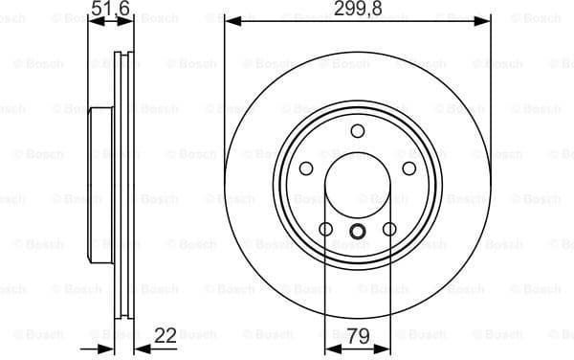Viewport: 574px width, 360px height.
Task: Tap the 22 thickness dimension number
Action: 166,336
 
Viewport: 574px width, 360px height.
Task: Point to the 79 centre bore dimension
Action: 358,336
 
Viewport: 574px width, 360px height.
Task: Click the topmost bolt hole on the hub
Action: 358,131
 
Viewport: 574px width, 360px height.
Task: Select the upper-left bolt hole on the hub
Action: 307,169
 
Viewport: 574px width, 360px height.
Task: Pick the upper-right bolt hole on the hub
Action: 408,169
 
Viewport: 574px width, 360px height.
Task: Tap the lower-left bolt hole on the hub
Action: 326,229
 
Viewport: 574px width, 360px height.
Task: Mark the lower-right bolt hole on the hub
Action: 389,229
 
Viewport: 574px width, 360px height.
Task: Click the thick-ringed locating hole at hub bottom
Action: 358,230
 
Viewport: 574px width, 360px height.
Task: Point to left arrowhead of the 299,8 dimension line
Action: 231,20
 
